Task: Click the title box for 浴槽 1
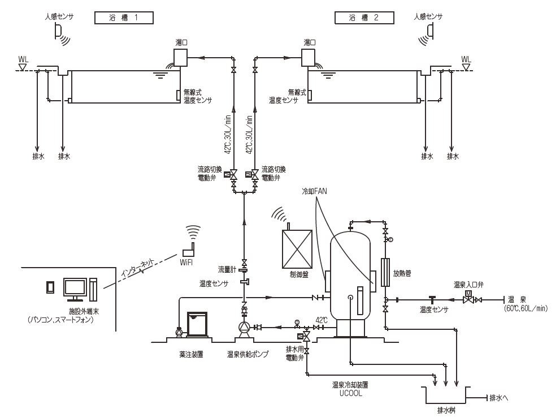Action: (124, 18)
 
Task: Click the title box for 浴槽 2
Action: (364, 18)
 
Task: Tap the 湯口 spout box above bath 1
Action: (180, 57)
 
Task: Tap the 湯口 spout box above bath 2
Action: (308, 57)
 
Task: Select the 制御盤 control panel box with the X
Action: (297, 249)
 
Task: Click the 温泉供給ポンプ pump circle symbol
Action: (244, 327)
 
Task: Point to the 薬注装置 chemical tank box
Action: (197, 324)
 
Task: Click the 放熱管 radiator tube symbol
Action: (385, 273)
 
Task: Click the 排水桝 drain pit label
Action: (446, 410)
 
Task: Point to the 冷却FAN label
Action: (314, 191)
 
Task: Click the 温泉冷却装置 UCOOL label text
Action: (350, 389)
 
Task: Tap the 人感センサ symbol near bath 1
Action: (59, 30)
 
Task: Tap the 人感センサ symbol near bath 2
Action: (430, 30)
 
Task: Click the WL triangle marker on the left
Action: (23, 67)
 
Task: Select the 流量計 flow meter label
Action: (227, 269)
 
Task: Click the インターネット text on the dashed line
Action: (137, 268)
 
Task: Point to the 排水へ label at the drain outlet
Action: (499, 398)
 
